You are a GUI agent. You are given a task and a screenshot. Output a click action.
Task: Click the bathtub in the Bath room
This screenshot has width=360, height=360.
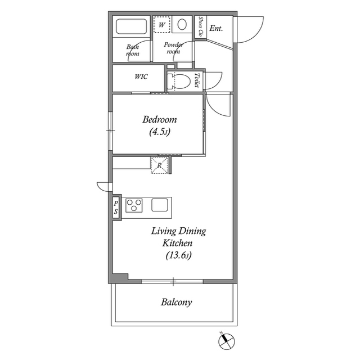tap(132, 26)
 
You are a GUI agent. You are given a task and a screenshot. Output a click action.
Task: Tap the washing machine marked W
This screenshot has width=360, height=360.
tap(162, 24)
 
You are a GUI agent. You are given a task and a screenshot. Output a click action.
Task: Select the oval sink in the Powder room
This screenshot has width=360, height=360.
tap(182, 24)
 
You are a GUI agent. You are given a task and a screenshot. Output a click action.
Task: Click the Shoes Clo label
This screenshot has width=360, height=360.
tap(201, 26)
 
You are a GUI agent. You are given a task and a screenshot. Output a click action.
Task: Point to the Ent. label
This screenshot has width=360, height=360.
tap(216, 28)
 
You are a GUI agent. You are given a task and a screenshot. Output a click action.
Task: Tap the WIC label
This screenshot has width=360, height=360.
tap(141, 76)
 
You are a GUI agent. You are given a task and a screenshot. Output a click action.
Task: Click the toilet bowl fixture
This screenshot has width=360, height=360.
tap(179, 81)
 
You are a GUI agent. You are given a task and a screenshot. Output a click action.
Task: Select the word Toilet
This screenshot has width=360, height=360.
tap(197, 80)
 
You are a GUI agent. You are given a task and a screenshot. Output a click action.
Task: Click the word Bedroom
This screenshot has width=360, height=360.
tap(160, 120)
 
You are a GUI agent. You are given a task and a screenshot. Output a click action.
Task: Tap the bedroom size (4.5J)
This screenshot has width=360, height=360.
tap(160, 132)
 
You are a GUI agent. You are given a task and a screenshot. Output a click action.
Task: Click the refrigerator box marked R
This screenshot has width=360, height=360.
tap(159, 165)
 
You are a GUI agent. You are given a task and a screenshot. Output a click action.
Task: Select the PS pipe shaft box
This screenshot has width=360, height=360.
tap(116, 208)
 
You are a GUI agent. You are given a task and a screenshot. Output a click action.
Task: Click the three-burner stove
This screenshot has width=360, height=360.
tap(134, 205)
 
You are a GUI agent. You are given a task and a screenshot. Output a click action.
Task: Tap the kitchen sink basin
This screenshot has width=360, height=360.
tap(160, 205)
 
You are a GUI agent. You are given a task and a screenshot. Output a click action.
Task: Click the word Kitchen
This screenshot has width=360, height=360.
tap(177, 243)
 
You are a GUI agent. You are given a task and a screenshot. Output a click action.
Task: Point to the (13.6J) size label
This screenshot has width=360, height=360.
tap(178, 255)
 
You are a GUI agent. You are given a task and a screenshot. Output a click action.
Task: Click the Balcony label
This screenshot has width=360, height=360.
tap(176, 303)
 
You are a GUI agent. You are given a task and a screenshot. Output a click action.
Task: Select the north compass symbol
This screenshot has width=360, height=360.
tap(226, 341)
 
